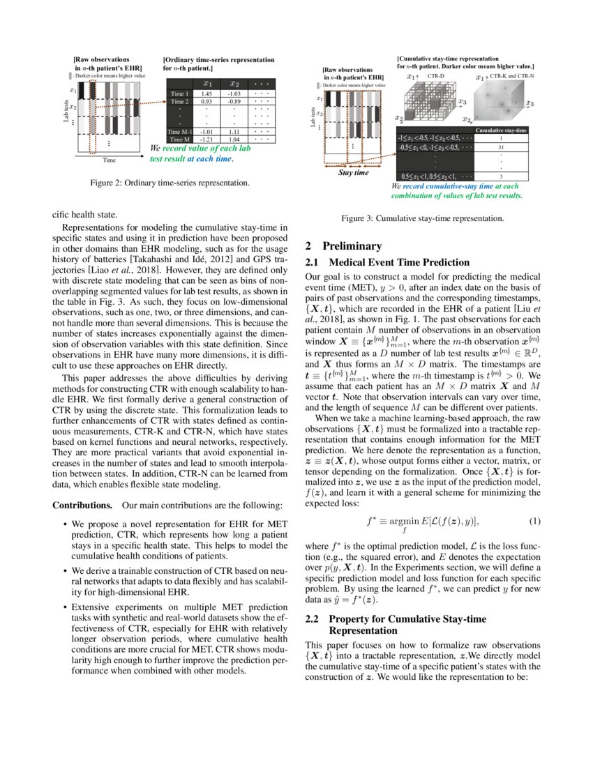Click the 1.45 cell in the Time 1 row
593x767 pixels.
(x=207, y=93)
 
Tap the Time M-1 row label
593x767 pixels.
(x=179, y=131)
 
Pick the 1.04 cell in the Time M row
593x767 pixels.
(x=234, y=139)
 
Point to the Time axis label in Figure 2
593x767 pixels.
(x=109, y=160)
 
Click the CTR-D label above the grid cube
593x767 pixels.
(x=435, y=75)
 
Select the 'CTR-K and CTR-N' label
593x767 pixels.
(x=512, y=75)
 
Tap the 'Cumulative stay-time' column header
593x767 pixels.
(x=500, y=130)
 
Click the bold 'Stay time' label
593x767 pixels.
(x=353, y=172)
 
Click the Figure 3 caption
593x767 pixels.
(x=422, y=218)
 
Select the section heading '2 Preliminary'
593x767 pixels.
(x=344, y=245)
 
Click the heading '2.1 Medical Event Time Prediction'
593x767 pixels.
(x=387, y=262)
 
